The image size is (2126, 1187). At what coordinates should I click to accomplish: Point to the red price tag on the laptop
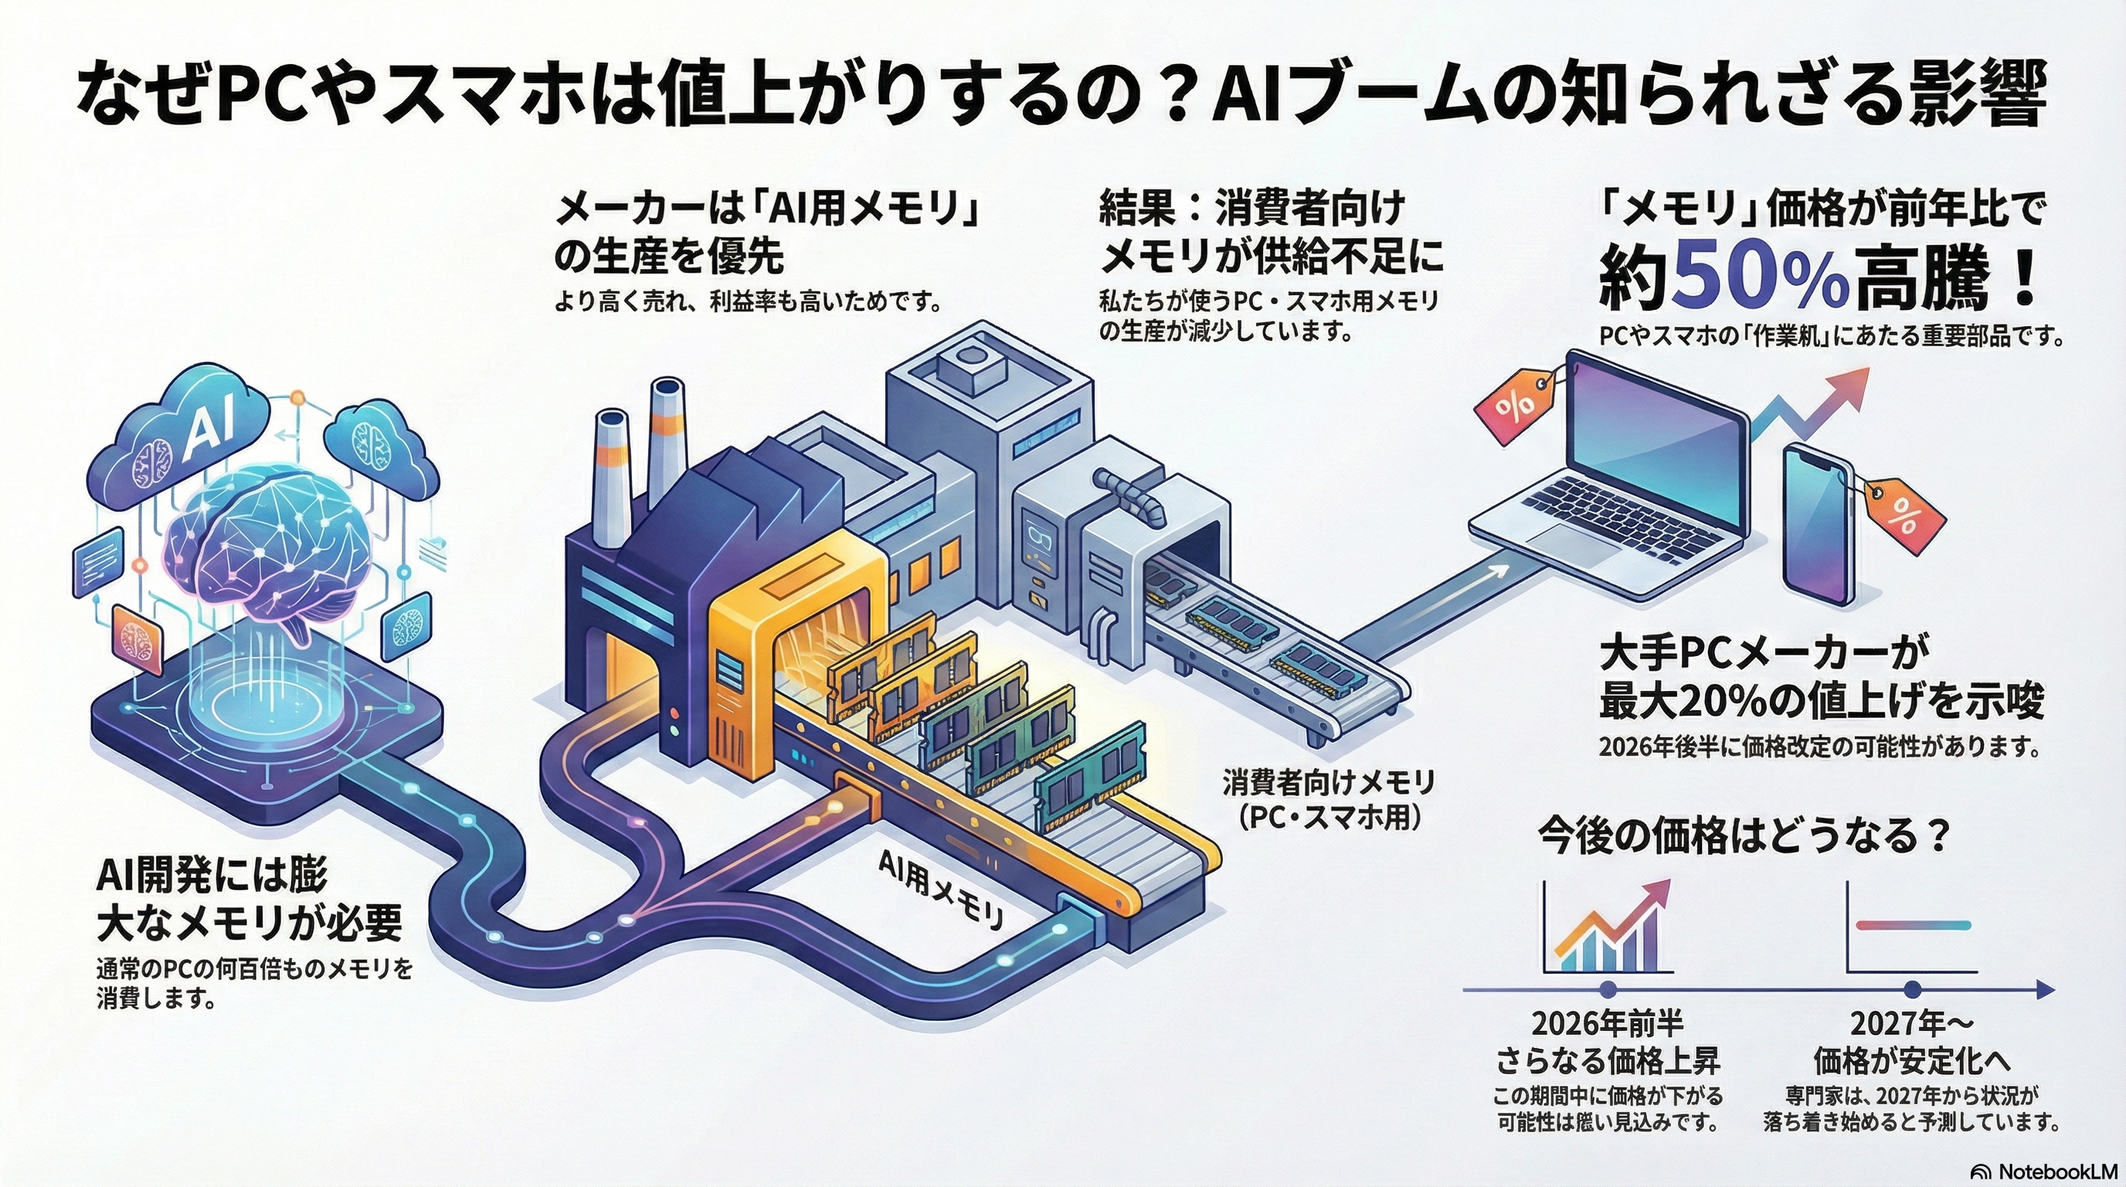tap(1517, 408)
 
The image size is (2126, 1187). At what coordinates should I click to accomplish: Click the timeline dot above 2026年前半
tap(1608, 990)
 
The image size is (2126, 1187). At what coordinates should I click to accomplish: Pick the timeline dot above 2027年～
tap(1912, 990)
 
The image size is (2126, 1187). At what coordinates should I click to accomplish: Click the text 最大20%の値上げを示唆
tap(1821, 702)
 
